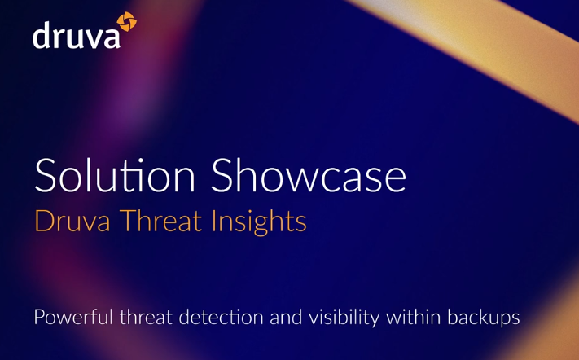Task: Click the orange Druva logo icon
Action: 127,22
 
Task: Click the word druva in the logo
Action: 76,35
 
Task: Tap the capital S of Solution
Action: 46,175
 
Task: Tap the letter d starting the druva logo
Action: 41,35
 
